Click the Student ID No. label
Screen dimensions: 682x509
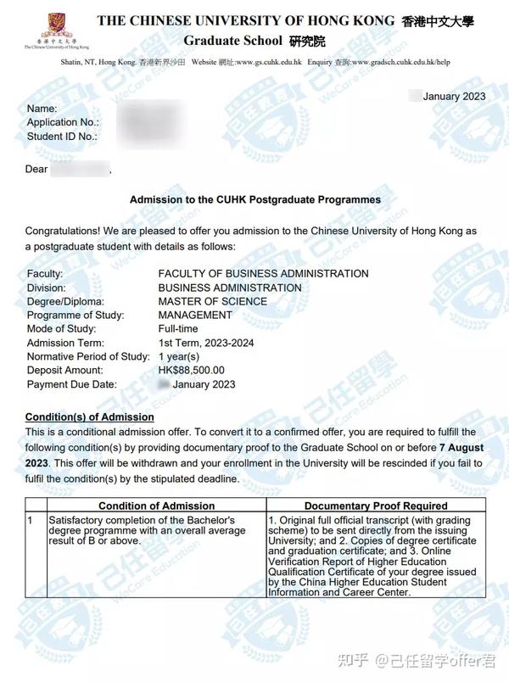(x=62, y=136)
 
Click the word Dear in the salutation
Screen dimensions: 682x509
(x=36, y=170)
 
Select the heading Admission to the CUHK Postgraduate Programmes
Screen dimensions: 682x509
(x=255, y=200)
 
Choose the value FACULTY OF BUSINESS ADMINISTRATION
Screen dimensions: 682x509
(x=263, y=274)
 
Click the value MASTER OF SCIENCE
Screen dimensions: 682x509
(x=212, y=301)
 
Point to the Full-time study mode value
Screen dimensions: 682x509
(x=177, y=328)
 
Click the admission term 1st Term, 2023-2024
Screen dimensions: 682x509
(x=205, y=343)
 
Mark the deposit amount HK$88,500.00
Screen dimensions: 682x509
(x=191, y=370)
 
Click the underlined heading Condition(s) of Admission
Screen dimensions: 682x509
(x=90, y=417)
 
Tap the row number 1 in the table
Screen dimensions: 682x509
(x=31, y=518)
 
